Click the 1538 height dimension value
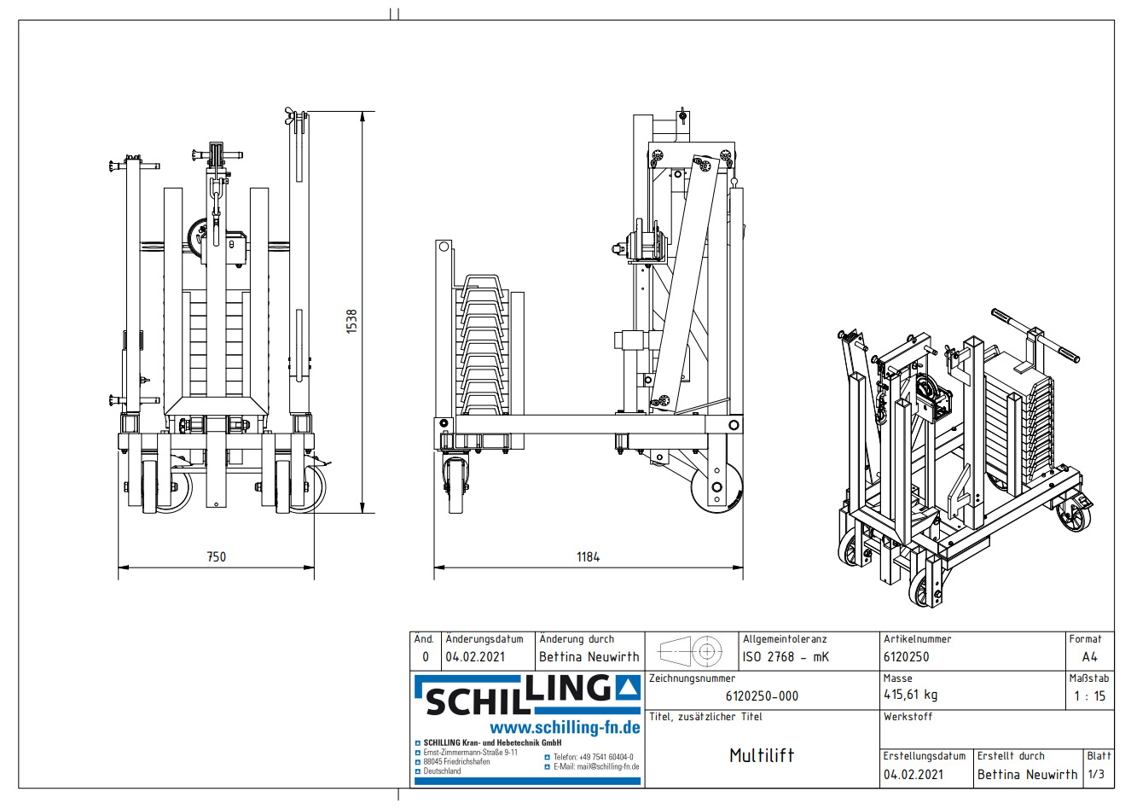coord(351,321)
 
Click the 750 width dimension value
coord(217,556)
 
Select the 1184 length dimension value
coord(588,556)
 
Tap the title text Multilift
coord(762,755)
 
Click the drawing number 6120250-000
coord(762,696)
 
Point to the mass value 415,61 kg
coord(910,695)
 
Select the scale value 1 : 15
coord(1089,696)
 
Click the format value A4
coord(1089,657)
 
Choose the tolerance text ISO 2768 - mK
coord(786,657)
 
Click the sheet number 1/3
coord(1096,774)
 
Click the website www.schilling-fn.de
coord(565,727)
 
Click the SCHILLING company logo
coord(526,695)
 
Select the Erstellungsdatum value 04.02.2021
coord(913,775)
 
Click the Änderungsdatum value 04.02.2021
coord(475,657)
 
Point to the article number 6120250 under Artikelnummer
coord(907,657)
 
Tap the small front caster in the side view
coord(455,486)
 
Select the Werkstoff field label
coord(908,717)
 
